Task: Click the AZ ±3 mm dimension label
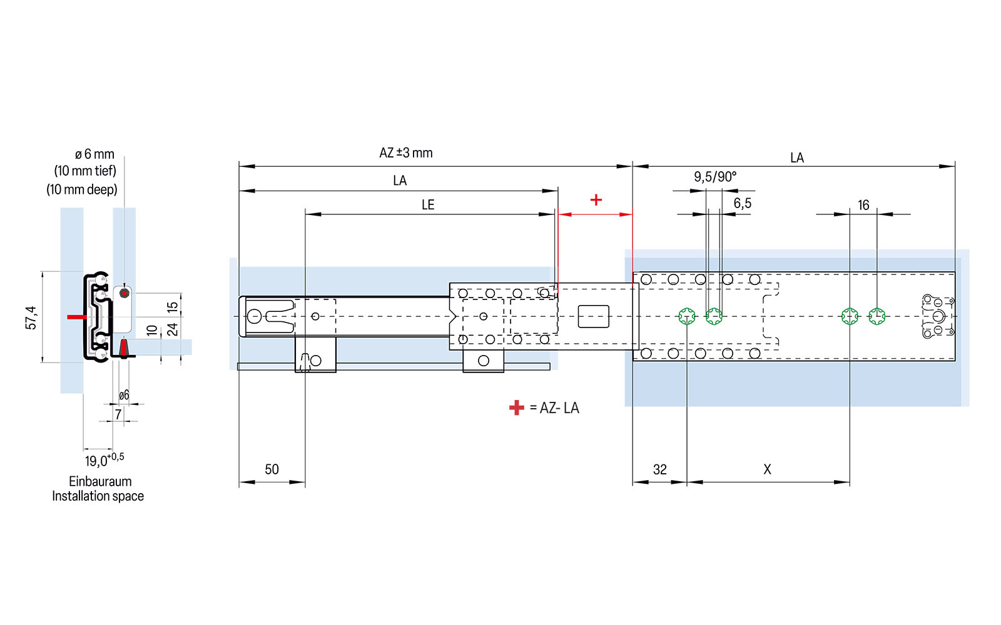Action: pyautogui.click(x=405, y=153)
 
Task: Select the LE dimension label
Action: pyautogui.click(x=428, y=205)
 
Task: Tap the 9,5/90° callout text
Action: pyautogui.click(x=715, y=177)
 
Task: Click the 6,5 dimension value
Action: pyautogui.click(x=743, y=203)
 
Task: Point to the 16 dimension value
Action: pyautogui.click(x=863, y=206)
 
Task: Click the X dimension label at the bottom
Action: pyautogui.click(x=768, y=469)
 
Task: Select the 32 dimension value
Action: pyautogui.click(x=660, y=469)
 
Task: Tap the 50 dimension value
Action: pyautogui.click(x=272, y=469)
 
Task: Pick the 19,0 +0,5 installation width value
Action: pyautogui.click(x=104, y=461)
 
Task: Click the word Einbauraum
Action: pyautogui.click(x=100, y=481)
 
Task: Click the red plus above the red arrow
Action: pyautogui.click(x=596, y=200)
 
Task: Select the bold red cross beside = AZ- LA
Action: pyautogui.click(x=516, y=408)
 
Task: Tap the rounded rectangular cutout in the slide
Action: pyautogui.click(x=593, y=316)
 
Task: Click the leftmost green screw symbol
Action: pyautogui.click(x=687, y=316)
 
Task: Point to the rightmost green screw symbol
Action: pyautogui.click(x=877, y=316)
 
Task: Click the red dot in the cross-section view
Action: pyautogui.click(x=124, y=293)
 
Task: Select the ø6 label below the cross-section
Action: pyautogui.click(x=124, y=395)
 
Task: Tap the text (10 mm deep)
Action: pyautogui.click(x=82, y=189)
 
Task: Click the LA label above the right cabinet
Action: pyautogui.click(x=796, y=158)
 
